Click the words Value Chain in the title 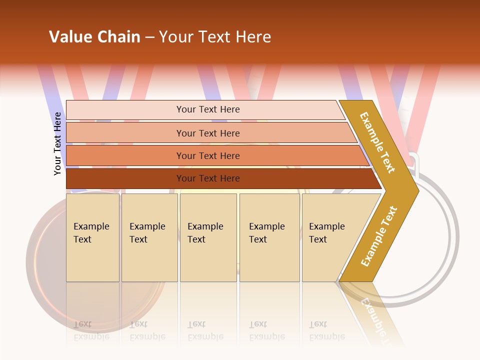coord(94,37)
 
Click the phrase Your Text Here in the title coord(215,37)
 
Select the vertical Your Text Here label coord(57,143)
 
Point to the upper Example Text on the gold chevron coord(377,142)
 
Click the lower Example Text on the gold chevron coord(379,236)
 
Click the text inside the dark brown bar coord(208,178)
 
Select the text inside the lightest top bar coord(208,109)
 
